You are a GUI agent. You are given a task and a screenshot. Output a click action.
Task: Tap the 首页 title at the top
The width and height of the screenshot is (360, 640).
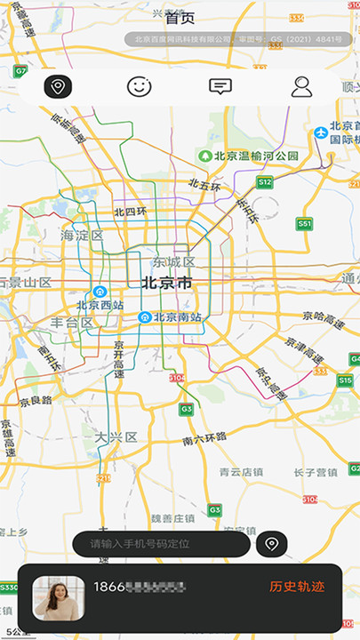[x=180, y=17]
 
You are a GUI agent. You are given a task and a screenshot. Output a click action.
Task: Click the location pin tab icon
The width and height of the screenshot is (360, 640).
[x=59, y=86]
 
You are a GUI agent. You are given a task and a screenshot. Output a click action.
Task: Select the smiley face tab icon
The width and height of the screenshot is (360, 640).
[x=139, y=86]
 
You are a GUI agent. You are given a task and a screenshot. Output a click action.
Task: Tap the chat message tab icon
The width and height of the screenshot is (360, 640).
[x=220, y=86]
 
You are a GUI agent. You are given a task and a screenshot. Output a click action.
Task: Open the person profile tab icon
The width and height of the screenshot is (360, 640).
[x=302, y=86]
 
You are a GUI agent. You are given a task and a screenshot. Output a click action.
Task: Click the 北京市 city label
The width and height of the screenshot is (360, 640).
[x=166, y=284]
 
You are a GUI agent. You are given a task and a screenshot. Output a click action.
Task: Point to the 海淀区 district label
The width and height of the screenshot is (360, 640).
[x=82, y=236]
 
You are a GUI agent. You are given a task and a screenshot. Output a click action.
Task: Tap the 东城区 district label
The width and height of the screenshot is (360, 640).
[x=172, y=262]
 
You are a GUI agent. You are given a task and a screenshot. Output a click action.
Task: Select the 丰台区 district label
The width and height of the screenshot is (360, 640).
[x=71, y=323]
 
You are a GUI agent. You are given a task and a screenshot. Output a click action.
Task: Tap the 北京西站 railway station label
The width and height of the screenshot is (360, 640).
[x=100, y=305]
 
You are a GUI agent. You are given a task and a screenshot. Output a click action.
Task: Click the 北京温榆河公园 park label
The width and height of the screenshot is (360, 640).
[x=255, y=156]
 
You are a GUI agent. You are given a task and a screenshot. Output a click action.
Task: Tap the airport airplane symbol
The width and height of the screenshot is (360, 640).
[x=321, y=133]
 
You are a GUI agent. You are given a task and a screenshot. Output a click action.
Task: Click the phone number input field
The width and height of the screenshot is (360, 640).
[x=160, y=543]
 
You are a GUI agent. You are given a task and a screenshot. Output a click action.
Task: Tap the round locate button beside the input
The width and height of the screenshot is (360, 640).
[x=271, y=543]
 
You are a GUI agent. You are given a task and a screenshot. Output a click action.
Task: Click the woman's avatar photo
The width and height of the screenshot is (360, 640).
[x=59, y=597]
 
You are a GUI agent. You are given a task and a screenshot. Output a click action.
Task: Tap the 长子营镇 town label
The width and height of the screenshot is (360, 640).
[x=316, y=472]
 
